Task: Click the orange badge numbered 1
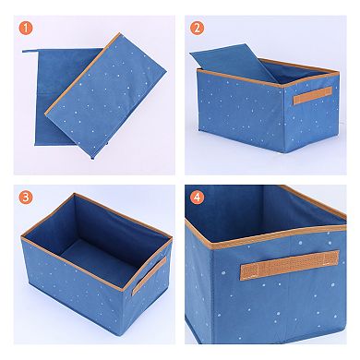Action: (x=28, y=28)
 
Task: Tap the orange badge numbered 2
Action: (x=196, y=28)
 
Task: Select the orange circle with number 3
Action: (x=28, y=198)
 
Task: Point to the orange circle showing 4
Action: (x=196, y=198)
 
